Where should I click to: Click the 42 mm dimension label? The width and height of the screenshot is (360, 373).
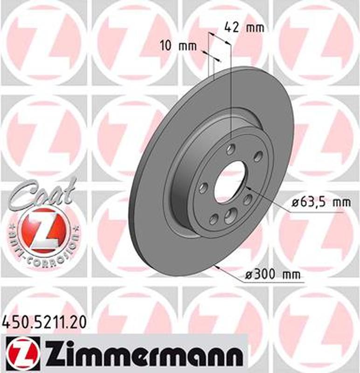[244, 27]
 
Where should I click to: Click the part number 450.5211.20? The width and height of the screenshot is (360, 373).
[45, 321]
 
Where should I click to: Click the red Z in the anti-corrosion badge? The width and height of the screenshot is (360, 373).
[43, 230]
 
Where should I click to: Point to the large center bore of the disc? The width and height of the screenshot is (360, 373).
[229, 181]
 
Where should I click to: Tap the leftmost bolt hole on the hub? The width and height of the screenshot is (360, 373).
[203, 188]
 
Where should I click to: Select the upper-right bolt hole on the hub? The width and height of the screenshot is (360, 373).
[258, 156]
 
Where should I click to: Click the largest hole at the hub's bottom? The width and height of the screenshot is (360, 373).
[230, 215]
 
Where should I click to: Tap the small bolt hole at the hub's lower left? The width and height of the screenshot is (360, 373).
[214, 218]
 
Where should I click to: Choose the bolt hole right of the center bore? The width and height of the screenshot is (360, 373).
[248, 200]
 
